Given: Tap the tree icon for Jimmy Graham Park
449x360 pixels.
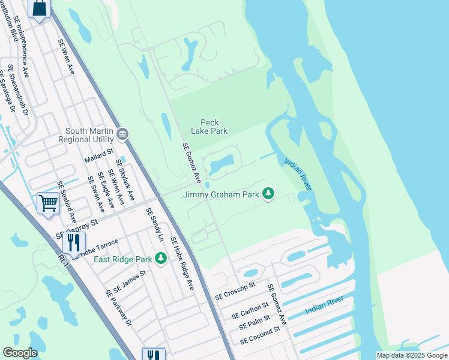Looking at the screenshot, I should (x=269, y=194).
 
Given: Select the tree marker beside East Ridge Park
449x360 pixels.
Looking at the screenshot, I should (x=160, y=258).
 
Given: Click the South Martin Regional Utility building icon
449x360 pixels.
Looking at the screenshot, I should (x=123, y=133).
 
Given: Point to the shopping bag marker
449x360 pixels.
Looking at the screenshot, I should (x=40, y=8).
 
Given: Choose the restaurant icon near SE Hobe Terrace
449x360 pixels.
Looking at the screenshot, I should (x=74, y=243).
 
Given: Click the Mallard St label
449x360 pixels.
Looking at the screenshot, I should (x=99, y=156).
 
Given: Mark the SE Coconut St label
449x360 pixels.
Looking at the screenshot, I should (x=260, y=335).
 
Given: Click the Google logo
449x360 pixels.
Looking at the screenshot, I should (x=20, y=353).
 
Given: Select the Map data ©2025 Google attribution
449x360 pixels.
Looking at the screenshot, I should (x=412, y=355).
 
